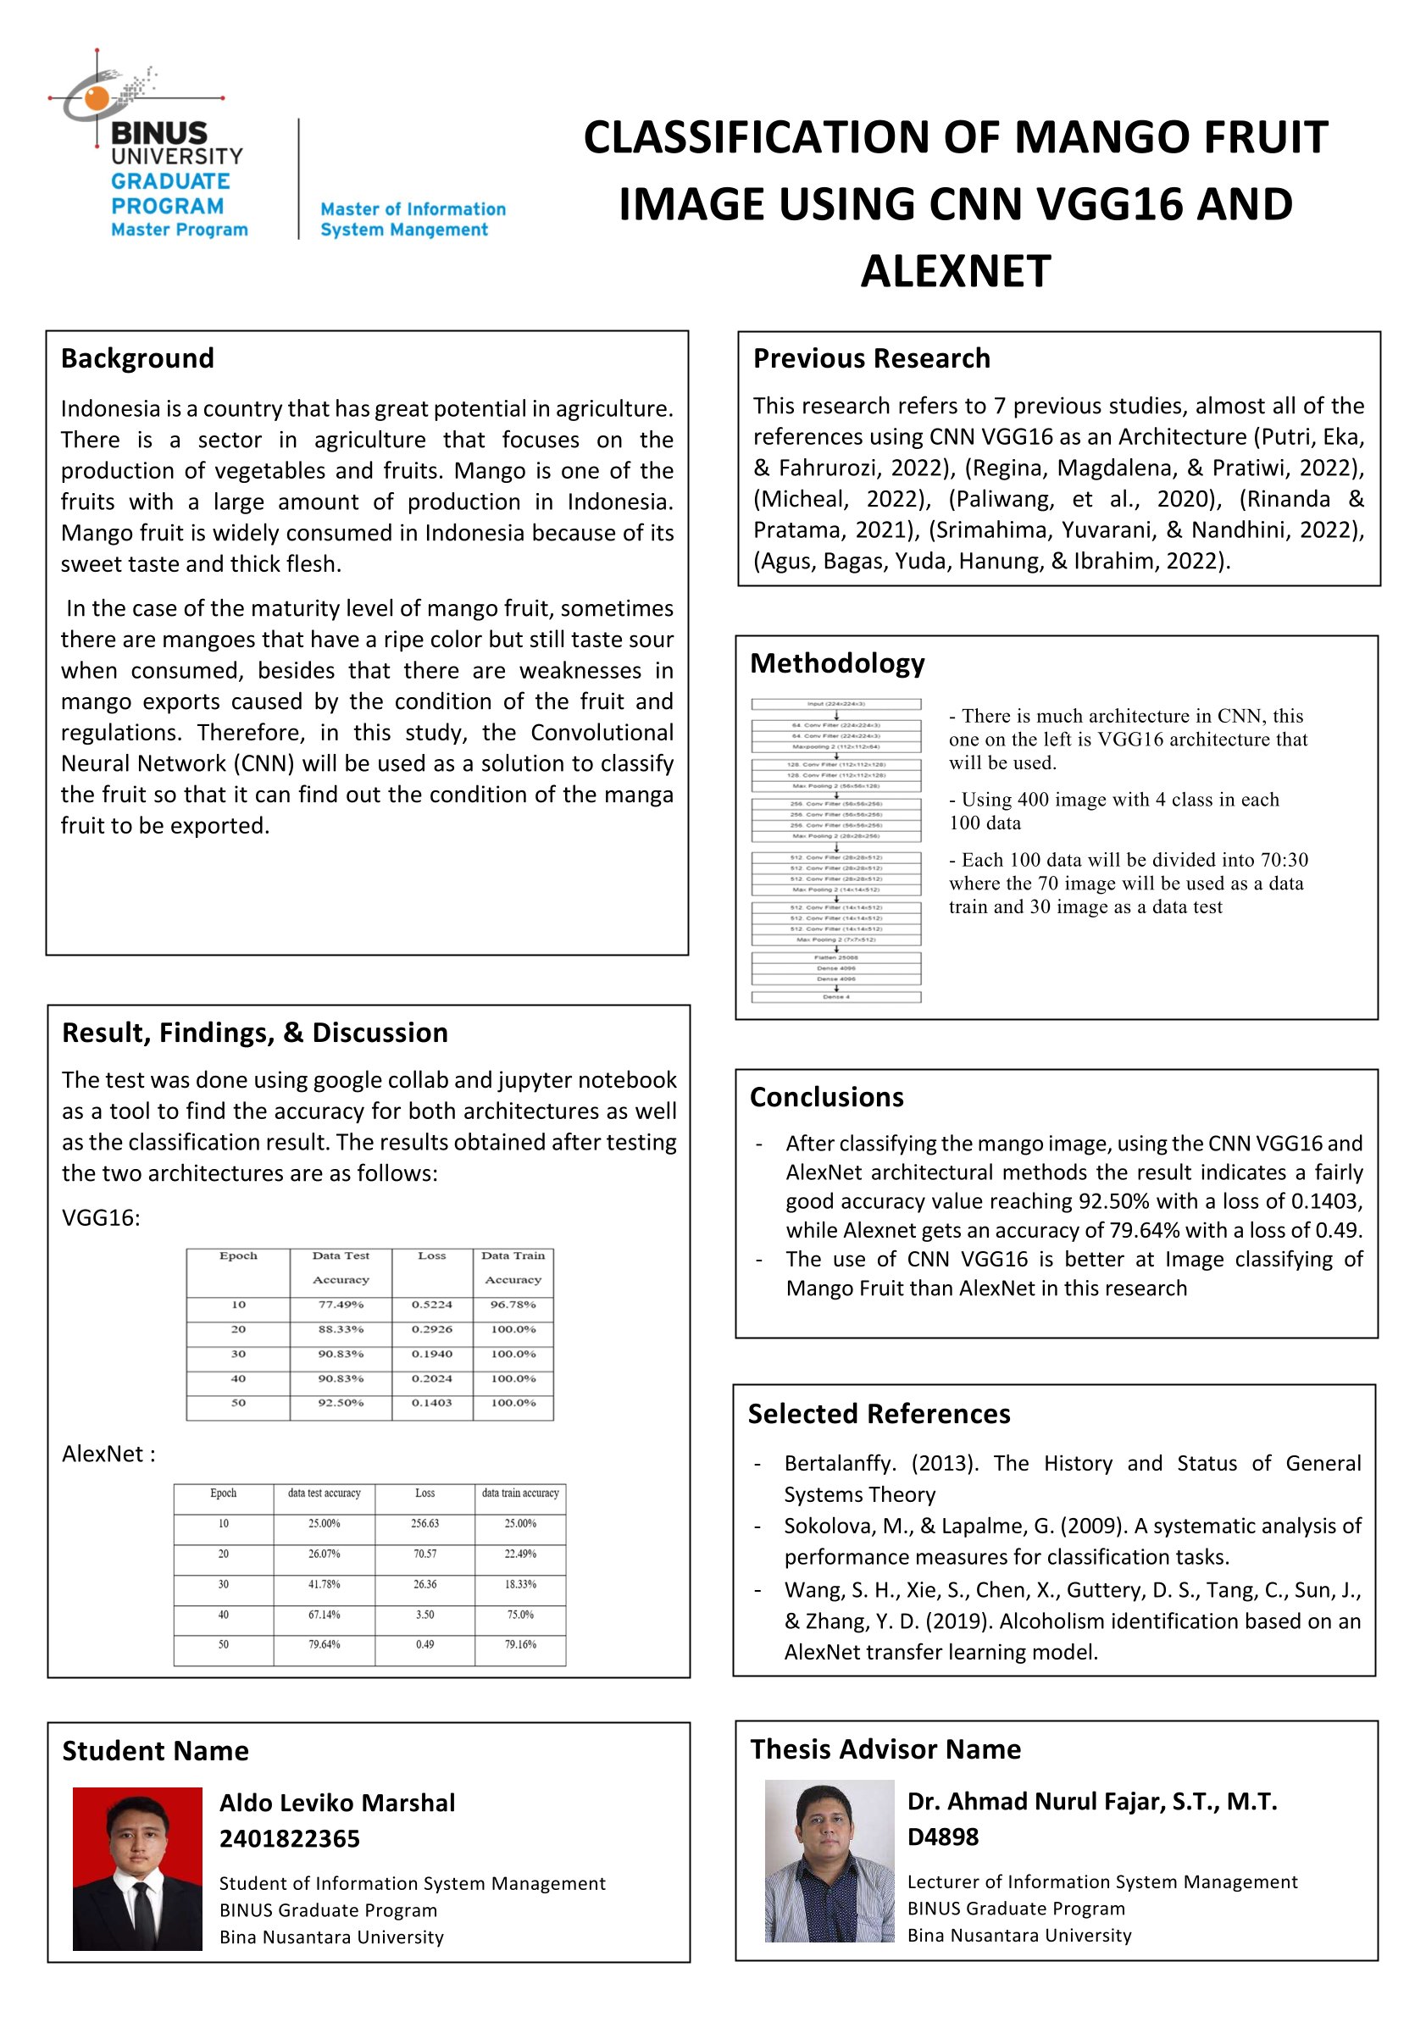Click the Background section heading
(x=137, y=358)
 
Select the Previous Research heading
(x=871, y=358)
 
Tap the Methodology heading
(x=836, y=663)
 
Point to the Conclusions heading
(x=826, y=1097)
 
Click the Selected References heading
(x=879, y=1414)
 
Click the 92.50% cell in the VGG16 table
(x=340, y=1403)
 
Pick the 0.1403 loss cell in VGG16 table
(x=431, y=1403)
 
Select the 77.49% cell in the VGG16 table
(x=340, y=1305)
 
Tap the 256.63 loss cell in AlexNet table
(x=424, y=1523)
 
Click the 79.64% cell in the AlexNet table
(x=325, y=1644)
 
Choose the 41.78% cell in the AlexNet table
(x=325, y=1584)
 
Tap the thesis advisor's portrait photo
(x=829, y=1860)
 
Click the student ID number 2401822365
(x=289, y=1838)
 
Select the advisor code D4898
(x=942, y=1837)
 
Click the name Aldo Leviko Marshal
(x=336, y=1804)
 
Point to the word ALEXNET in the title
(x=955, y=270)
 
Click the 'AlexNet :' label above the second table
(x=108, y=1454)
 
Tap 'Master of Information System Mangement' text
(x=412, y=219)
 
